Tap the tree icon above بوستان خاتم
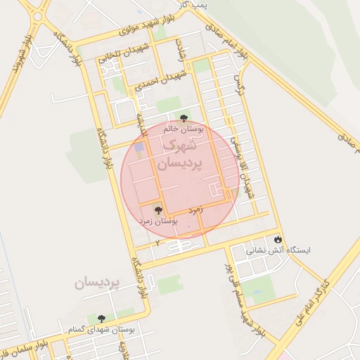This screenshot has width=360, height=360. tap(184, 118)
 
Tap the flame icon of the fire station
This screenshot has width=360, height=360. tap(279, 239)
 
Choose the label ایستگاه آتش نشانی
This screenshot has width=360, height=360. tap(277, 250)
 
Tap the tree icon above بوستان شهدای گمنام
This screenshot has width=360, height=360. tap(102, 319)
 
